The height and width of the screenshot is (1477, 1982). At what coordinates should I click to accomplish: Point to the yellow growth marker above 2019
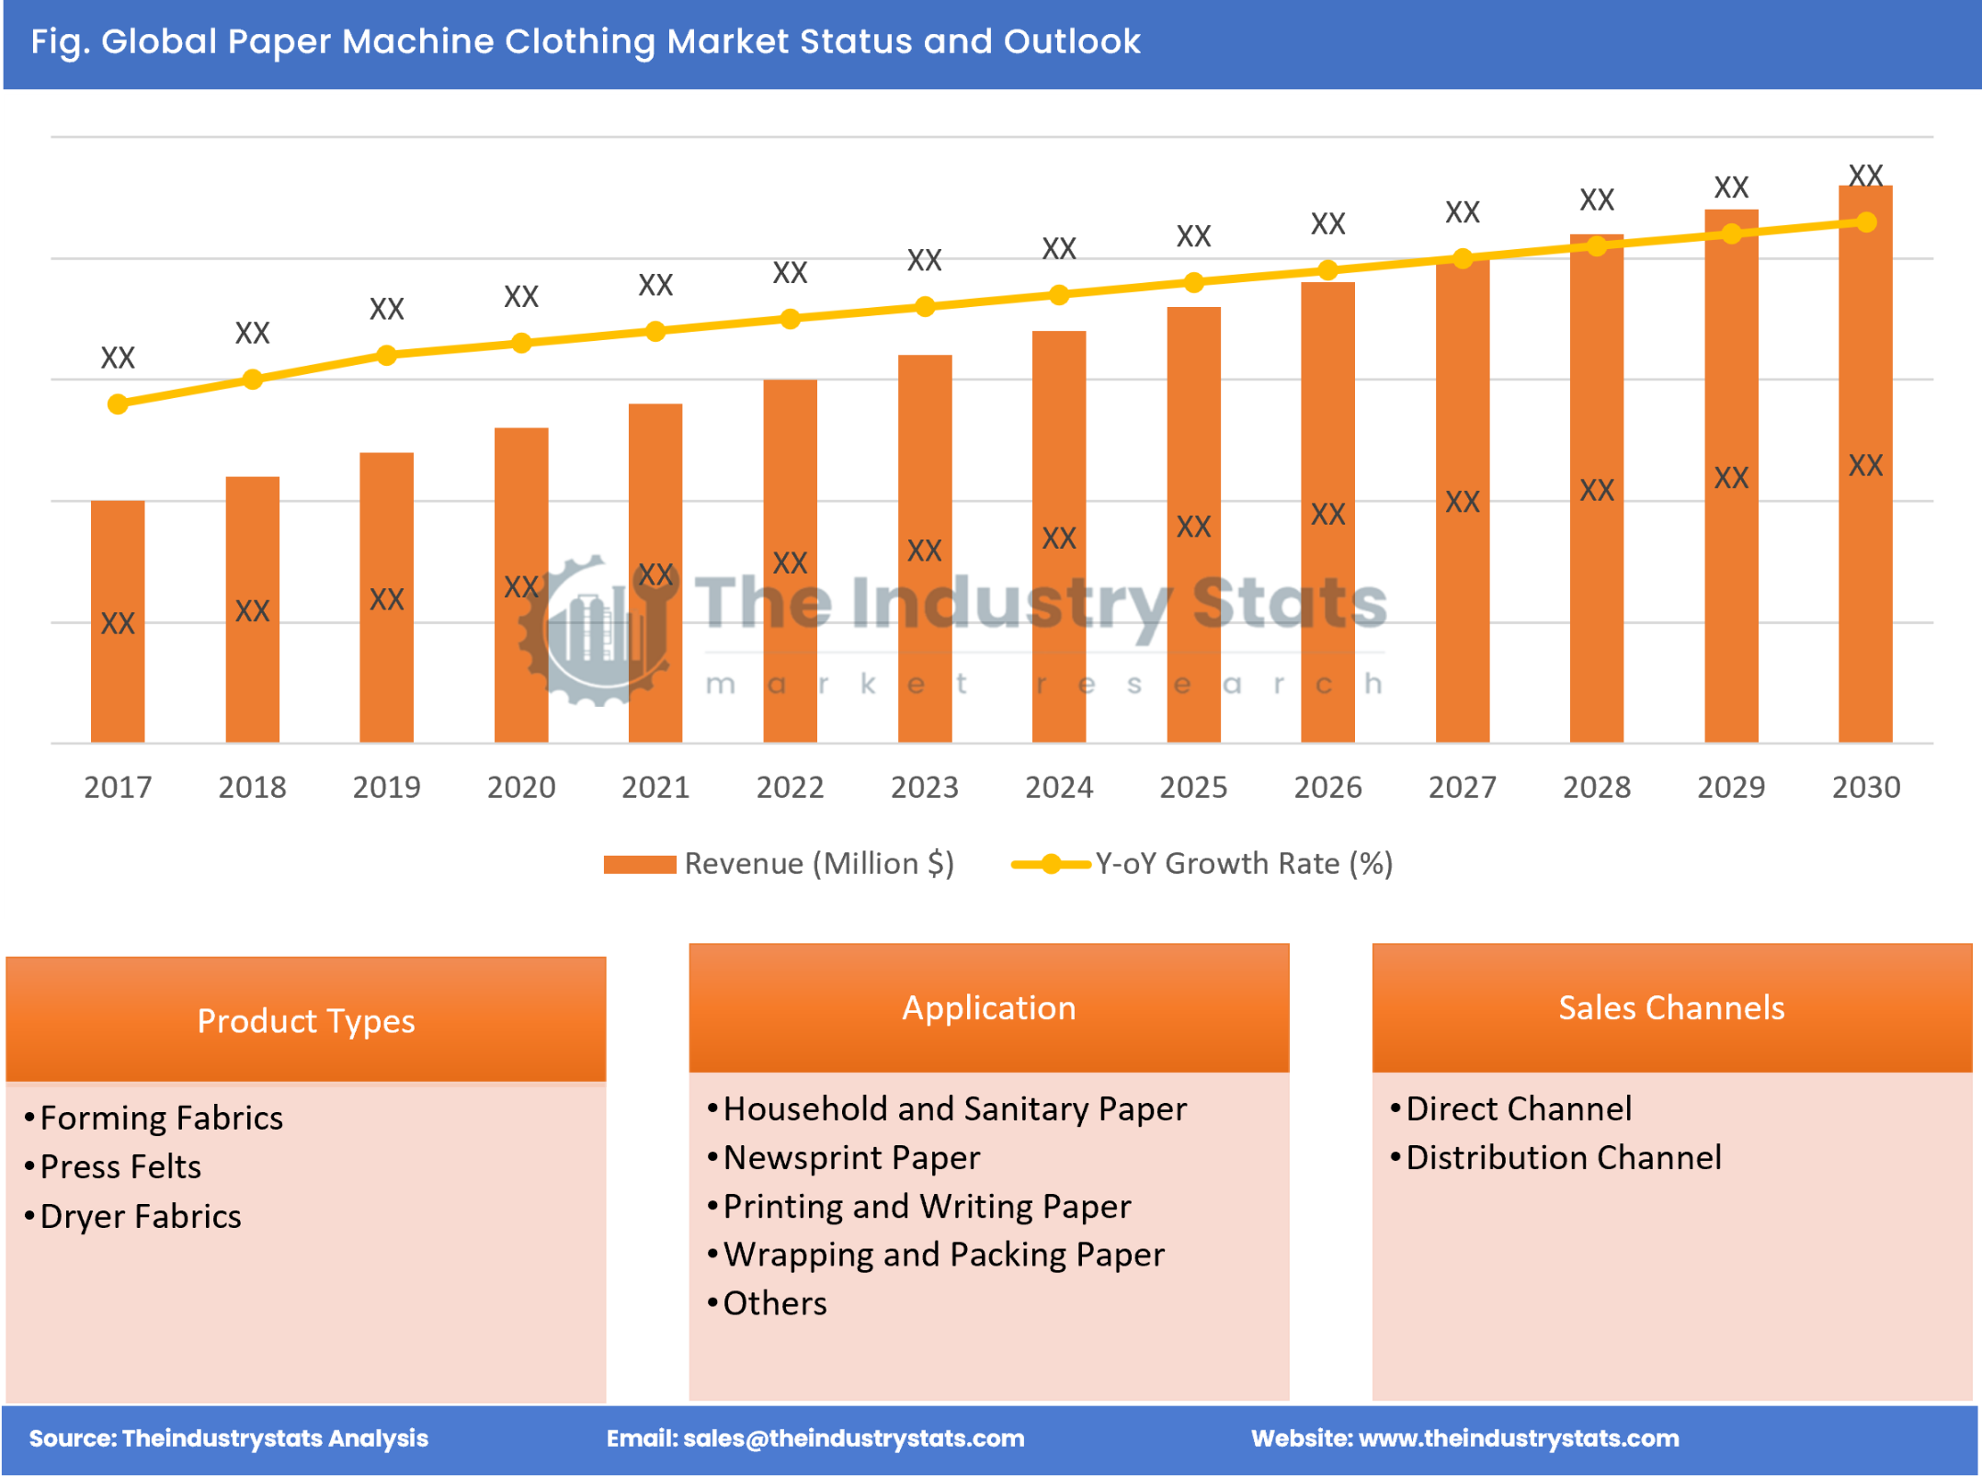pos(386,355)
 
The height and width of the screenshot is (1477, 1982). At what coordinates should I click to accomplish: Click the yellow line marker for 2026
pos(1327,269)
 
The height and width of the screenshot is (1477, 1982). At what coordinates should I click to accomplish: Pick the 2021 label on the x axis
pos(655,787)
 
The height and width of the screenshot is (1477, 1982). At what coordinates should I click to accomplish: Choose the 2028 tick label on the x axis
pos(1596,787)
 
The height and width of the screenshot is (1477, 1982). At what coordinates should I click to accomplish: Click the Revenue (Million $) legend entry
pos(779,863)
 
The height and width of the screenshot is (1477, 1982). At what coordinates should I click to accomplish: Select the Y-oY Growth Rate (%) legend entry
pos(1202,863)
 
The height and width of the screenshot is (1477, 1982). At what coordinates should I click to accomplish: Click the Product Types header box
pos(305,1020)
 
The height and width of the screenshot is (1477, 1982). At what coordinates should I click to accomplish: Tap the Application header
pos(988,1007)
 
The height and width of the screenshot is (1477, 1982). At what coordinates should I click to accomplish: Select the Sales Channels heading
pos(1670,1007)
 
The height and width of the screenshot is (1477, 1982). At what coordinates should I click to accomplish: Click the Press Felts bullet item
pos(120,1166)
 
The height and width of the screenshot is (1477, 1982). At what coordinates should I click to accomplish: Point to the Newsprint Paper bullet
pos(850,1157)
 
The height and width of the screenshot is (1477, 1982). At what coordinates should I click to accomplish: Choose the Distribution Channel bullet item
pos(1563,1157)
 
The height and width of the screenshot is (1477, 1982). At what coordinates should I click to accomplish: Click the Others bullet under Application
pos(774,1303)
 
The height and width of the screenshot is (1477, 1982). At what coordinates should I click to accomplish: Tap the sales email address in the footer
pos(853,1438)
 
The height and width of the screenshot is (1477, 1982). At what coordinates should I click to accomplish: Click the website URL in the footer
pos(1518,1438)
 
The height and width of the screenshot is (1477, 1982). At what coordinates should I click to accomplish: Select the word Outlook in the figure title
pos(1071,41)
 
